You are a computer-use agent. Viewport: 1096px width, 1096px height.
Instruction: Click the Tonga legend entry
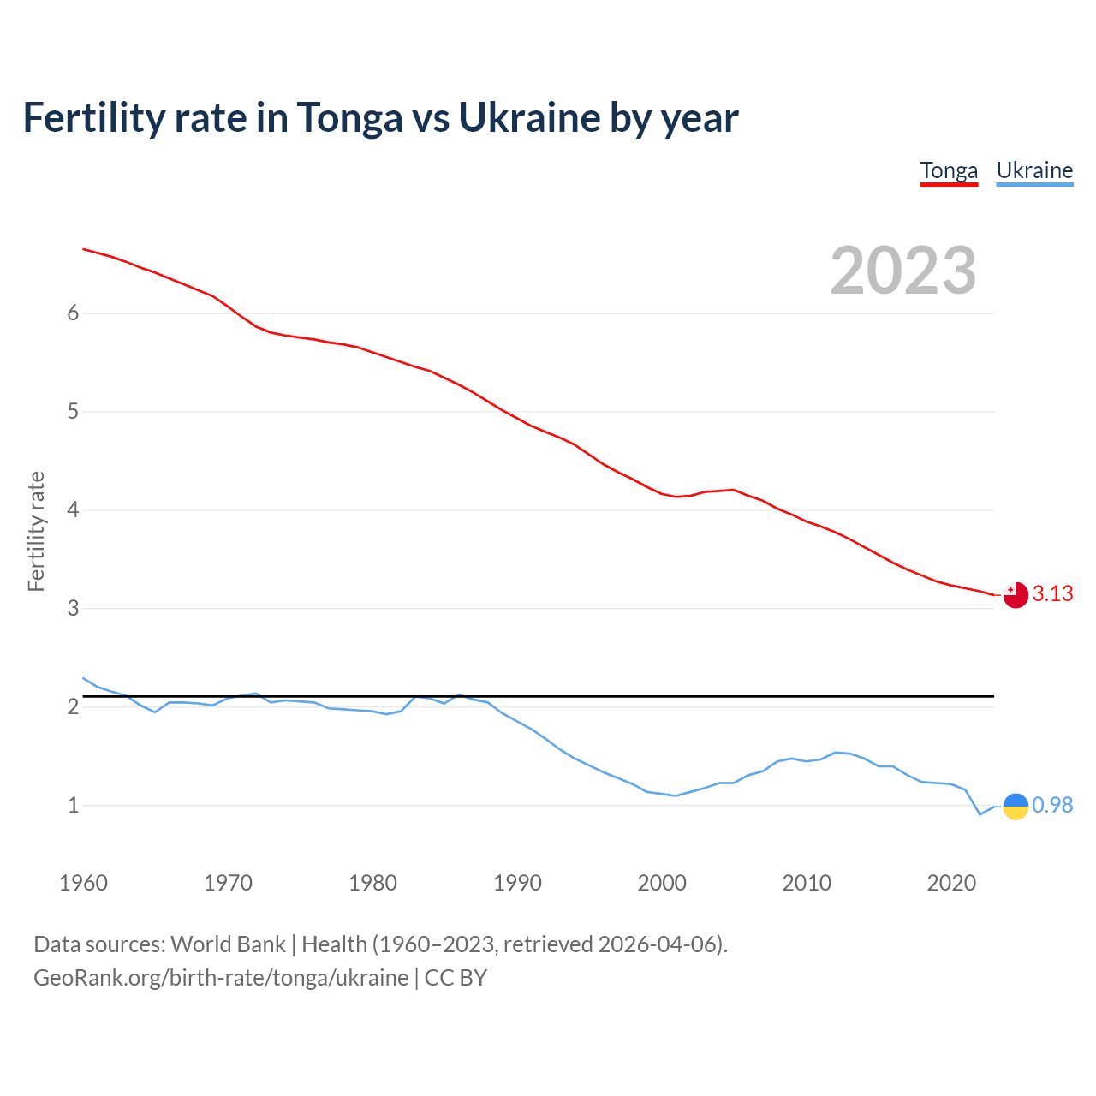949,170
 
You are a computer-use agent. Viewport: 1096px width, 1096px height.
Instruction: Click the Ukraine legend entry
1034,170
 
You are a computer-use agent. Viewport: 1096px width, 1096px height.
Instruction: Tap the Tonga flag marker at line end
1016,595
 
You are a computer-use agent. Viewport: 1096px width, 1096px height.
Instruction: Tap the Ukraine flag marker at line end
1016,806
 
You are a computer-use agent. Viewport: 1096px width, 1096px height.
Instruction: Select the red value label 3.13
1052,594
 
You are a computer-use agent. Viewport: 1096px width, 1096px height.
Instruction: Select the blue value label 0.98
1052,806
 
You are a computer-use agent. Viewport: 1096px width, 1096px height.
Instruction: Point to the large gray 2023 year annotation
902,271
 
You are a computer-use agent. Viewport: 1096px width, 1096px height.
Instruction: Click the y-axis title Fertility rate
36,531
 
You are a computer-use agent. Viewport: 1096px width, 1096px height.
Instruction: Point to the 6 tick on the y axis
74,313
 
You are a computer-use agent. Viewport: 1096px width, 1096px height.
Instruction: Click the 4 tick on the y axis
74,510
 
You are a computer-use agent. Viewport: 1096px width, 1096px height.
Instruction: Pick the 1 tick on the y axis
74,806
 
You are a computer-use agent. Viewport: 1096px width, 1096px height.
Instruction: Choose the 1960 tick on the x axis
83,883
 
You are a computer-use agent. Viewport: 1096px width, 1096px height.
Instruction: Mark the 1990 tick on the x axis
517,883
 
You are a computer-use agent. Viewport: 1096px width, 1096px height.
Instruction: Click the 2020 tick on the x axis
951,883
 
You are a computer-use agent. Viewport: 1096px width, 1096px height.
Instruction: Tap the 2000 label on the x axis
662,883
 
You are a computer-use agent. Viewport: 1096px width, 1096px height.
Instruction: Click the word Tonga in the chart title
349,118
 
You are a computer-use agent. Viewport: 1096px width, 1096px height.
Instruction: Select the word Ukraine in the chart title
529,118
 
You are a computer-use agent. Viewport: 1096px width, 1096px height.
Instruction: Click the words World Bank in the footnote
228,944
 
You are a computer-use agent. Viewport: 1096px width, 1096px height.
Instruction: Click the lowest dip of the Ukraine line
980,814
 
